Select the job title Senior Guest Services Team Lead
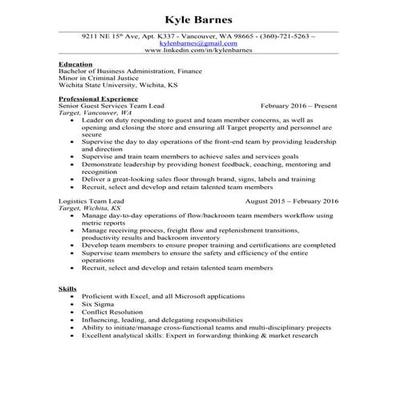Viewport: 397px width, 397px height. [114, 105]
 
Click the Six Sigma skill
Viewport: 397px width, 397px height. [98, 305]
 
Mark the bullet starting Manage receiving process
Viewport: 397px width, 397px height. [207, 229]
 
